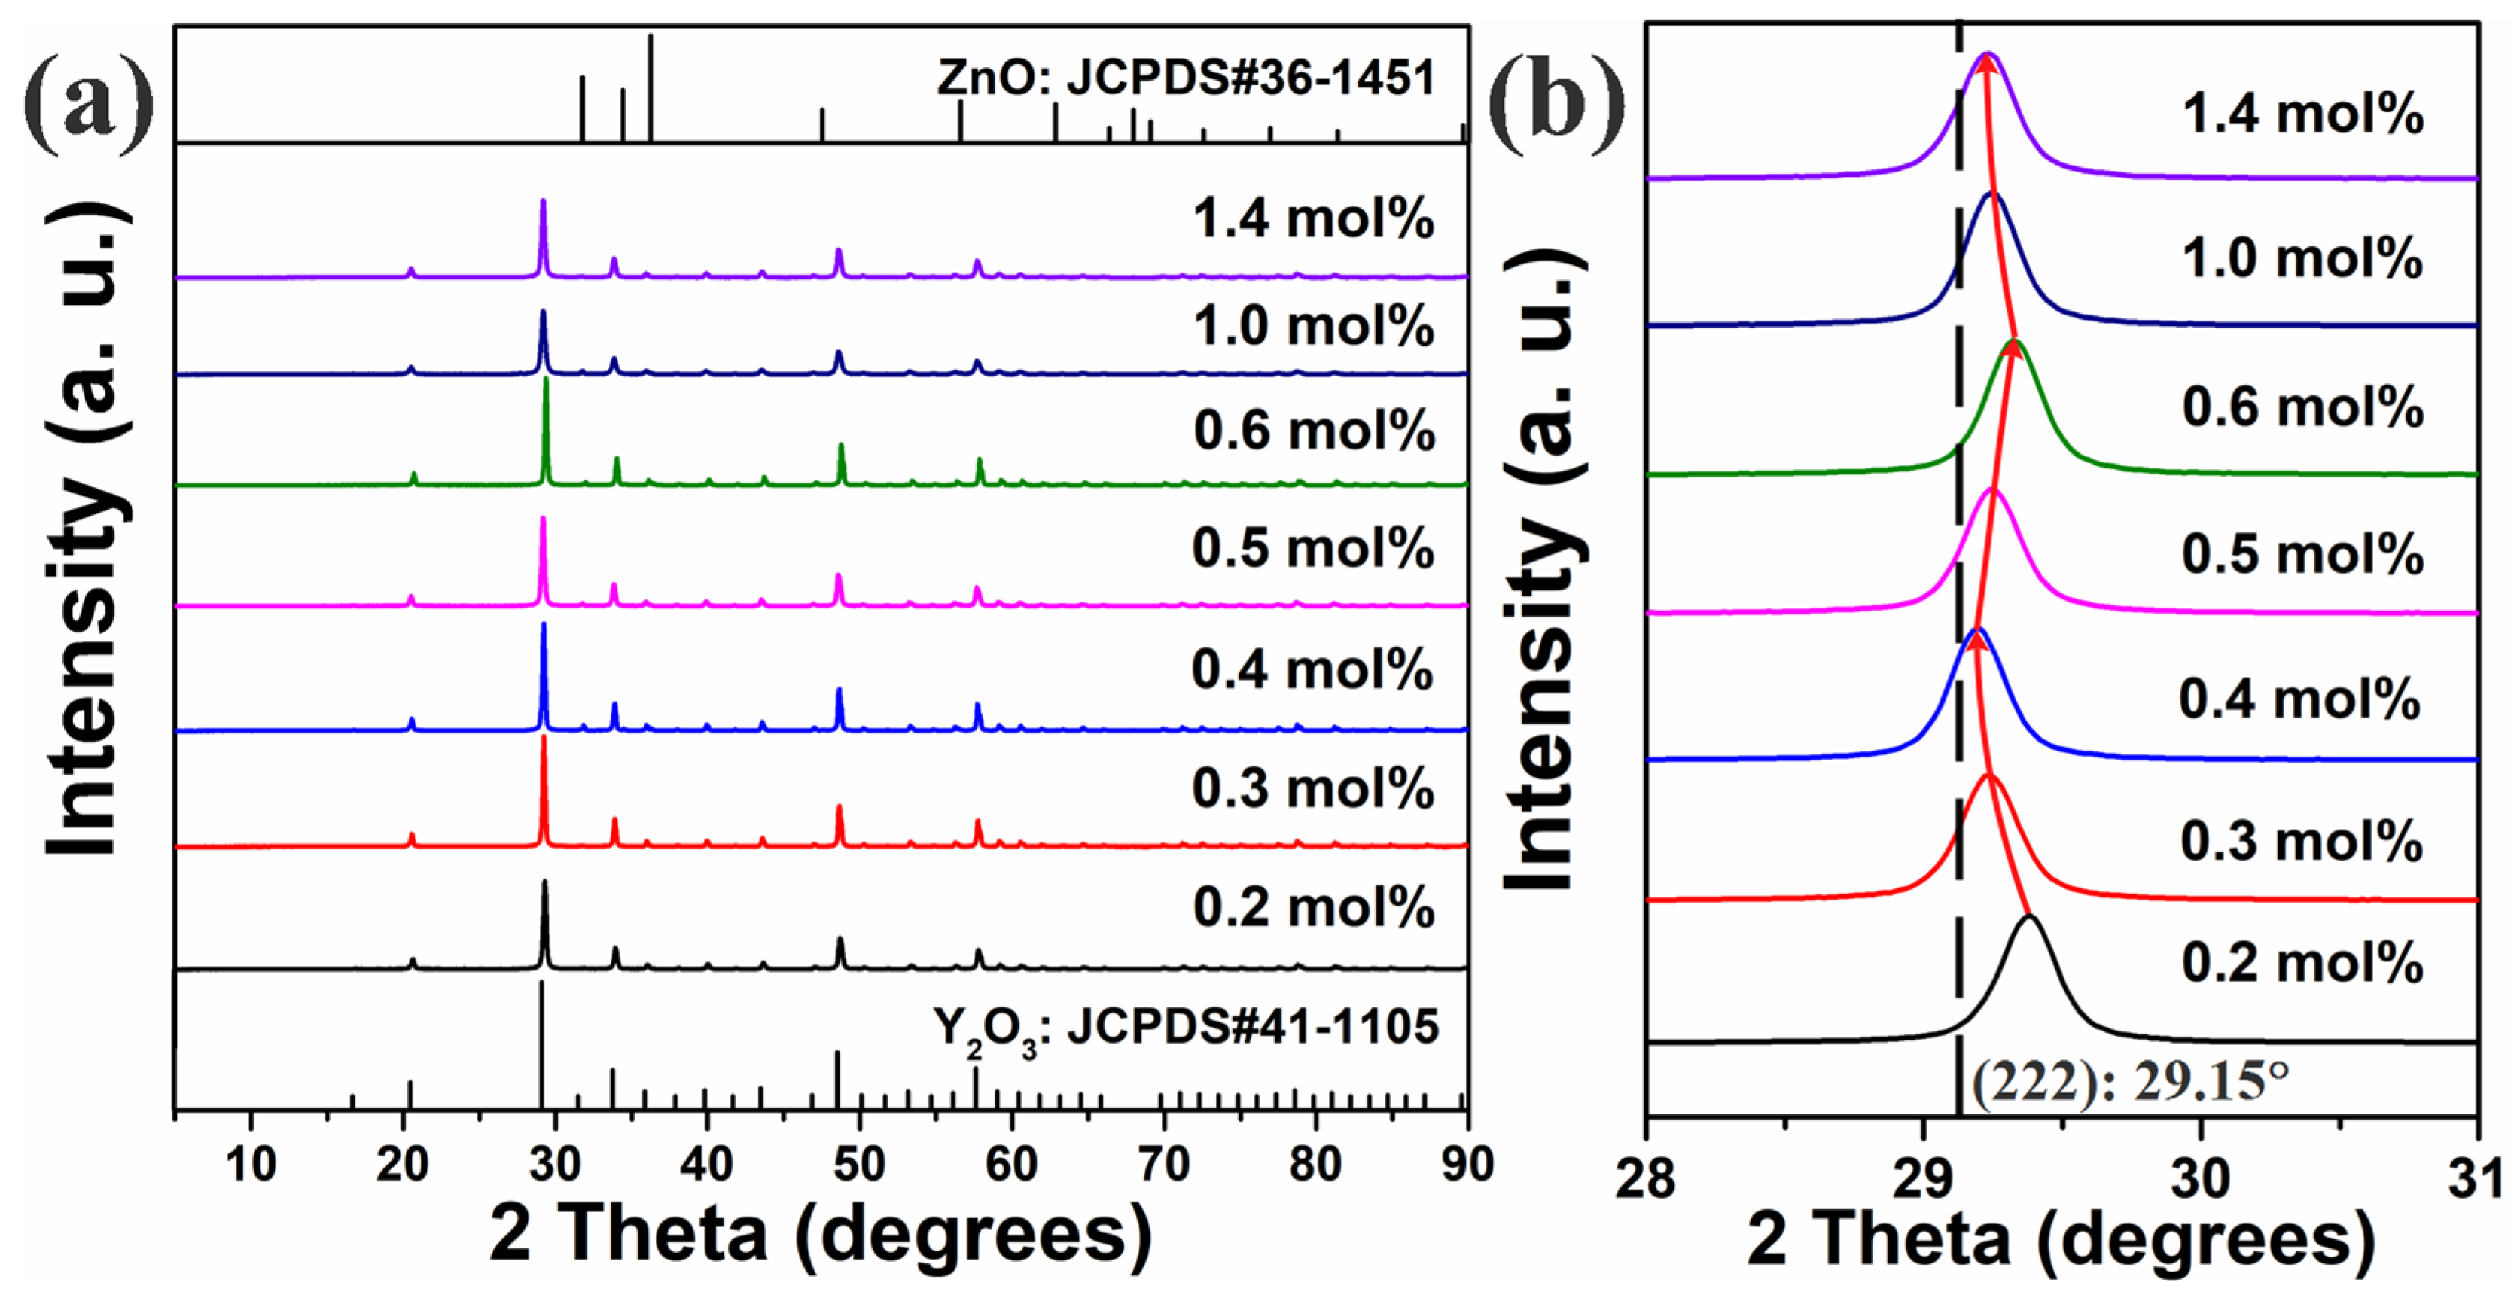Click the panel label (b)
tap(1556, 102)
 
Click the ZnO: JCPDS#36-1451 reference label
tap(1185, 78)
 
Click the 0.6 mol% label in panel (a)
tap(1313, 431)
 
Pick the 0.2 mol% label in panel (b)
tap(2302, 962)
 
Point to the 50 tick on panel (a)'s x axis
tap(859, 1163)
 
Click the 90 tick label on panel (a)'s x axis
tap(1466, 1163)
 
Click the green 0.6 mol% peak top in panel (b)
tap(2013, 342)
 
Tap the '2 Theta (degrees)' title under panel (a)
tap(821, 1232)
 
